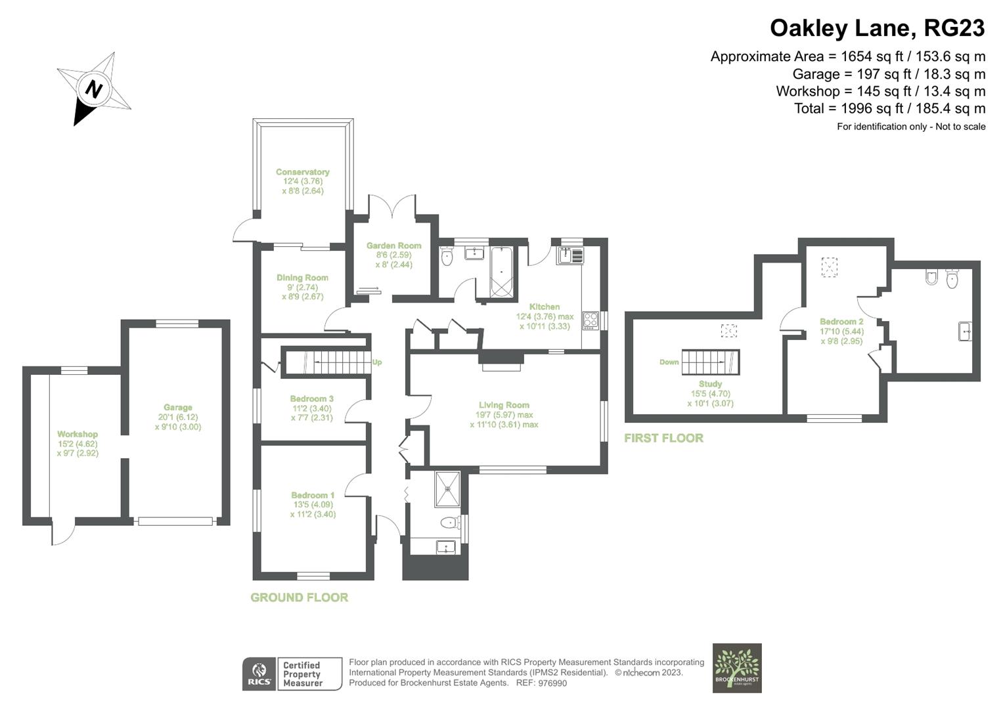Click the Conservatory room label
pyautogui.click(x=302, y=173)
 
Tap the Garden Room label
pyautogui.click(x=393, y=246)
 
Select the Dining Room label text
pyautogui.click(x=302, y=278)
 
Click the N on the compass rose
pyautogui.click(x=95, y=89)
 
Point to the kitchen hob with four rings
pyautogui.click(x=590, y=320)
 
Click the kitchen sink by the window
pyautogui.click(x=569, y=255)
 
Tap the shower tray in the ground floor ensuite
pyautogui.click(x=447, y=489)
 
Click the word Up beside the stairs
pyautogui.click(x=377, y=362)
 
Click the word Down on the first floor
pyautogui.click(x=669, y=362)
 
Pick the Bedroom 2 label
pyautogui.click(x=841, y=322)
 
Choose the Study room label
pyautogui.click(x=710, y=384)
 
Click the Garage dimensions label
pyautogui.click(x=177, y=421)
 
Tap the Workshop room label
pyautogui.click(x=78, y=434)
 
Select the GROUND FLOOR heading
pyautogui.click(x=300, y=597)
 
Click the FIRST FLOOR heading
pyautogui.click(x=663, y=438)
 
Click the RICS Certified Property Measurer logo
pyautogui.click(x=292, y=674)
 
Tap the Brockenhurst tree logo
pyautogui.click(x=737, y=668)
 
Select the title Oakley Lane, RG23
pyautogui.click(x=877, y=28)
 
